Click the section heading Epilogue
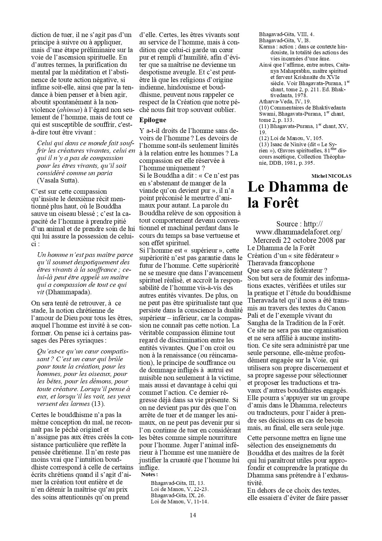[x=152, y=120]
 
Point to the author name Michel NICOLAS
[x=331, y=176]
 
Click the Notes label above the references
[x=150, y=475]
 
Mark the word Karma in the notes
[x=266, y=47]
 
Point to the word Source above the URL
[x=287, y=224]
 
